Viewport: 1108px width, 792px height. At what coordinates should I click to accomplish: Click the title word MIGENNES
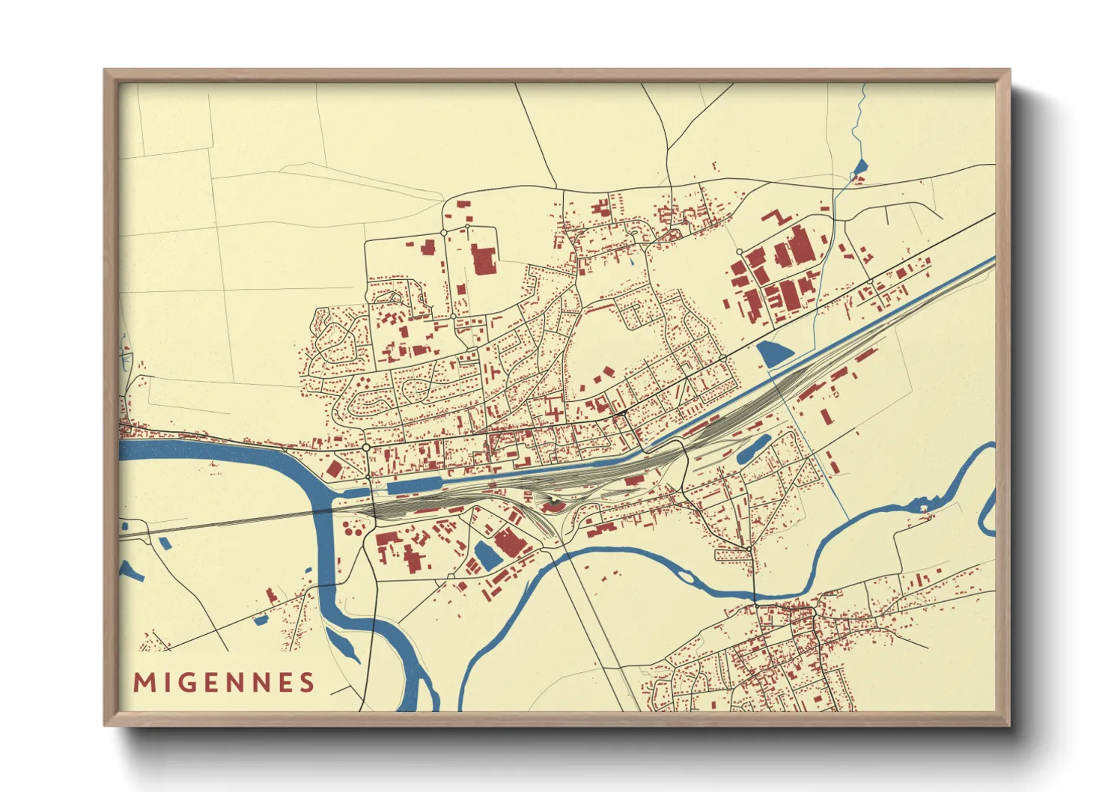point(224,683)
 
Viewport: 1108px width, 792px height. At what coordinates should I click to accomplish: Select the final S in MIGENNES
point(307,683)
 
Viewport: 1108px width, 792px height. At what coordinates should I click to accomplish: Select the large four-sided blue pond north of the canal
point(774,353)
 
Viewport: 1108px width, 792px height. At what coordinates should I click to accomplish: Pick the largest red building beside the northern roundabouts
point(484,259)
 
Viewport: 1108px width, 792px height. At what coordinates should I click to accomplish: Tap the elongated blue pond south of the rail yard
point(752,449)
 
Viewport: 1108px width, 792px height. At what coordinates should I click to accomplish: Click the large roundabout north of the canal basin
point(366,447)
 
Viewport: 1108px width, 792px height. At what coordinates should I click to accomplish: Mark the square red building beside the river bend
point(334,470)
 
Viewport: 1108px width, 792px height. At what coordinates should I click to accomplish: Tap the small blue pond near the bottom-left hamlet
point(261,620)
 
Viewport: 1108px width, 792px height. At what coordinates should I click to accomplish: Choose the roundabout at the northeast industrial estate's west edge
point(739,252)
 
